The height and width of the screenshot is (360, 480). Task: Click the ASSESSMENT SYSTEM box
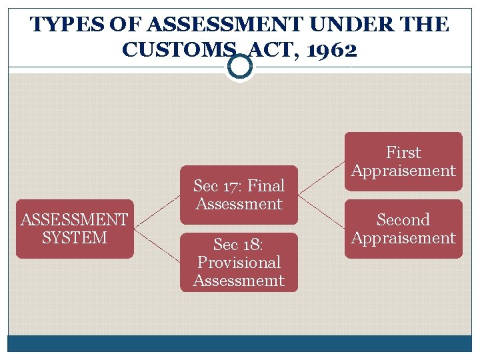point(75,229)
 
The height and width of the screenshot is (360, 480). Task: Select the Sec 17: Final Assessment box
point(239,195)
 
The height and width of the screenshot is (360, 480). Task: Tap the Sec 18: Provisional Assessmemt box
point(239,262)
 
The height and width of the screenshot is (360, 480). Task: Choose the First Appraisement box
point(403,161)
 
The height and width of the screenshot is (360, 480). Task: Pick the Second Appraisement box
point(403,229)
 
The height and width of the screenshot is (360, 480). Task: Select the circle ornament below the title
point(239,66)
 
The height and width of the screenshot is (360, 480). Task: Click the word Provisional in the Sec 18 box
point(239,262)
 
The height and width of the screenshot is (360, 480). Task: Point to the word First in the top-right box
point(403,152)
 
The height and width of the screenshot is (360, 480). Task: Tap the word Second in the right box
point(403,219)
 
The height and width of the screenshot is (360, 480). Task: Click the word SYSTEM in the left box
point(75,238)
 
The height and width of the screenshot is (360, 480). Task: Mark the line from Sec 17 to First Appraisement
point(321,178)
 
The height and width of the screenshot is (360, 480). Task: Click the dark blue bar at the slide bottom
point(239,343)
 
